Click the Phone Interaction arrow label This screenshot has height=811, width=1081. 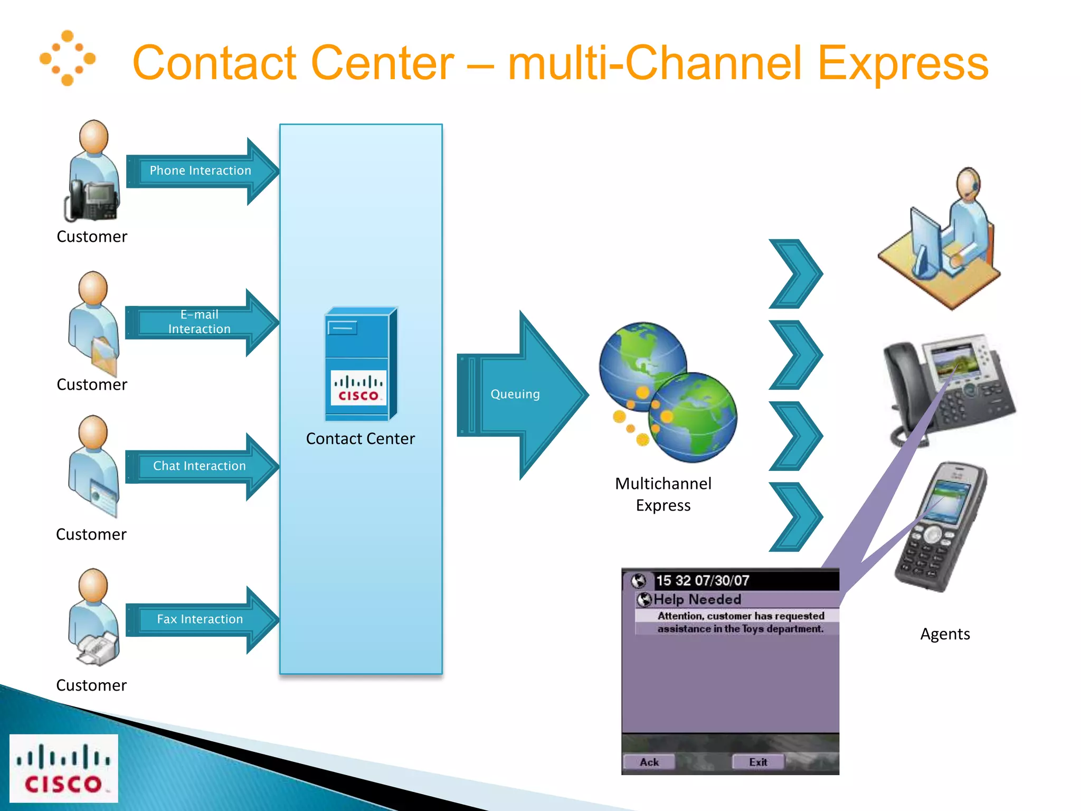200,171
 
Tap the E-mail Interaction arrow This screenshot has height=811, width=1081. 200,322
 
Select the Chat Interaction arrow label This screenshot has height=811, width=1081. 200,466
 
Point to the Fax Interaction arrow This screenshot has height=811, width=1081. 200,619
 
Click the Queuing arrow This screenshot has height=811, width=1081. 515,394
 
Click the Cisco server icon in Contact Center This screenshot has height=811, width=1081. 360,364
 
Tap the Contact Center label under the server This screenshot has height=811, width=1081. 360,439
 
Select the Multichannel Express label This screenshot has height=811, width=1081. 663,494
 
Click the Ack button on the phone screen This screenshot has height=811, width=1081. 649,762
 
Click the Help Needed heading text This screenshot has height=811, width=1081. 697,599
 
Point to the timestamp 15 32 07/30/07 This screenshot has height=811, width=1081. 702,581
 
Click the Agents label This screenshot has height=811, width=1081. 945,634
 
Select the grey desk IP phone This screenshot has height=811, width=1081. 947,388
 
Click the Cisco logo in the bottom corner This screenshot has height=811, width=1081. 63,768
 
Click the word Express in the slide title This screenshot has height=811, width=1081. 903,63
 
